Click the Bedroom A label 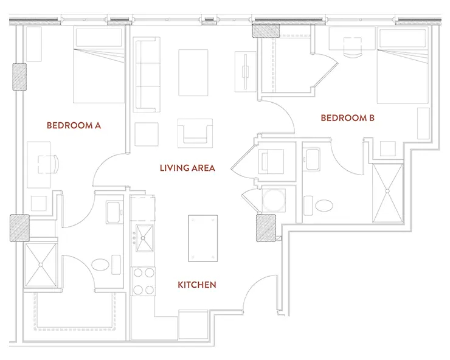coord(74,125)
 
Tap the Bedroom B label coord(348,118)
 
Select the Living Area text coord(187,168)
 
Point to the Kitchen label coord(197,285)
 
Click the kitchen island coord(203,238)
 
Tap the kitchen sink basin coord(144,238)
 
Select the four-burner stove coord(144,281)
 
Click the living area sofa coord(147,74)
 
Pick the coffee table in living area coord(193,72)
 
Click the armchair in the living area coord(195,133)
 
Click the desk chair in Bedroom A coord(48,165)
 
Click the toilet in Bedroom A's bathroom coord(100,265)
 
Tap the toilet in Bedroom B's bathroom coord(324,206)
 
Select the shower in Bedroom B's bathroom coord(387,193)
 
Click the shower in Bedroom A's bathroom coord(41,265)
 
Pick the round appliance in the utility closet coord(274,200)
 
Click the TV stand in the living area coord(246,72)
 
